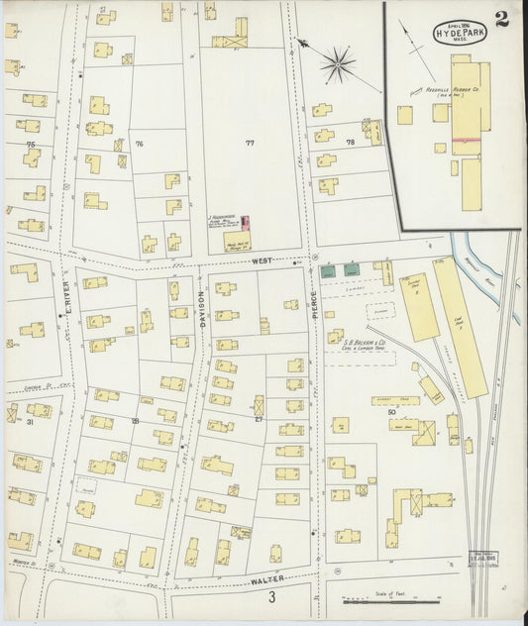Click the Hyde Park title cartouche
point(453,31)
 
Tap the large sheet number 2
point(502,19)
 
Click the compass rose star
point(338,64)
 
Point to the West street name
point(262,260)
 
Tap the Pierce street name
point(313,301)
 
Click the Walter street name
point(268,577)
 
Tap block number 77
point(250,143)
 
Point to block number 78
point(350,143)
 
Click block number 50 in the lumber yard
point(392,411)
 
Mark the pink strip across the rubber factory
point(468,141)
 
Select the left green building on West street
point(328,269)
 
